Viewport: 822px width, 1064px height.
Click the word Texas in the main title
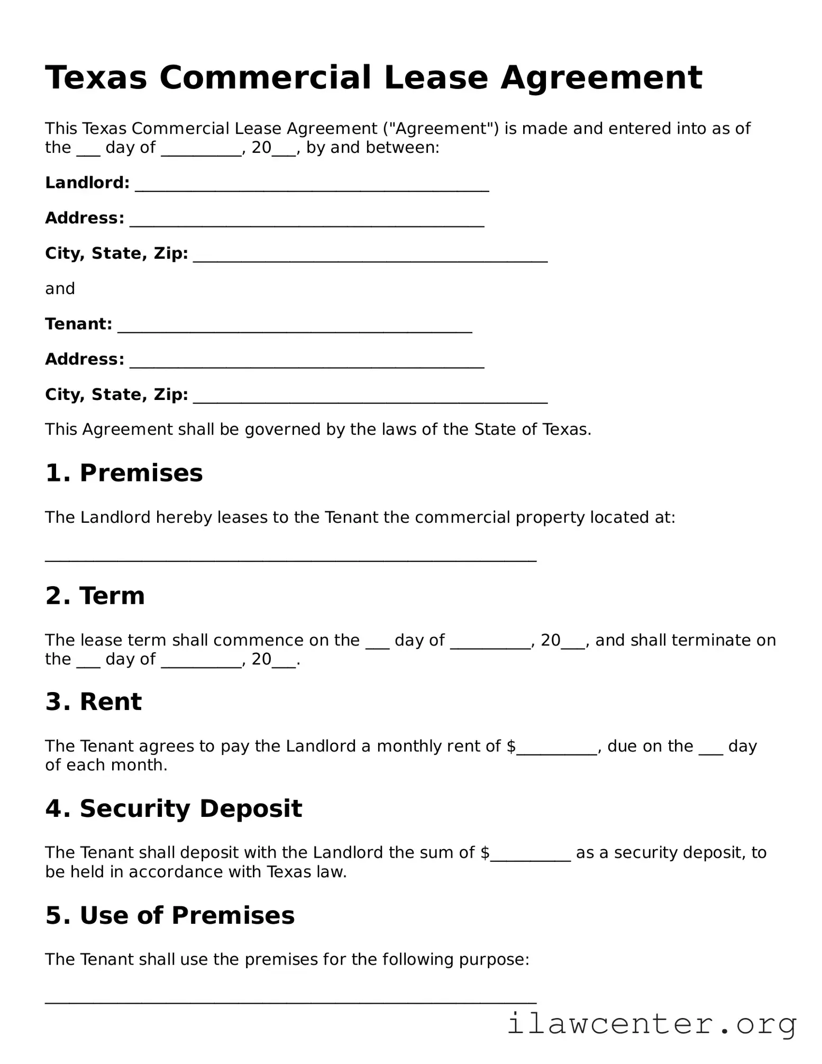tap(96, 78)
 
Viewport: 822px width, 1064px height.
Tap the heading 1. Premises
tap(124, 472)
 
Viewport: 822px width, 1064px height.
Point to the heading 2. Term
tap(95, 596)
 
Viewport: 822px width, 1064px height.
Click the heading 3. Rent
tap(94, 702)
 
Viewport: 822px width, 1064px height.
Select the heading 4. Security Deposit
tap(173, 808)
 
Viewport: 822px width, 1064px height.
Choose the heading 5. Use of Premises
tap(170, 915)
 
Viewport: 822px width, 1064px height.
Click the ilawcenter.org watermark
tap(652, 1024)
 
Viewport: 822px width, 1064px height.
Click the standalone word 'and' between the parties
tap(60, 288)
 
